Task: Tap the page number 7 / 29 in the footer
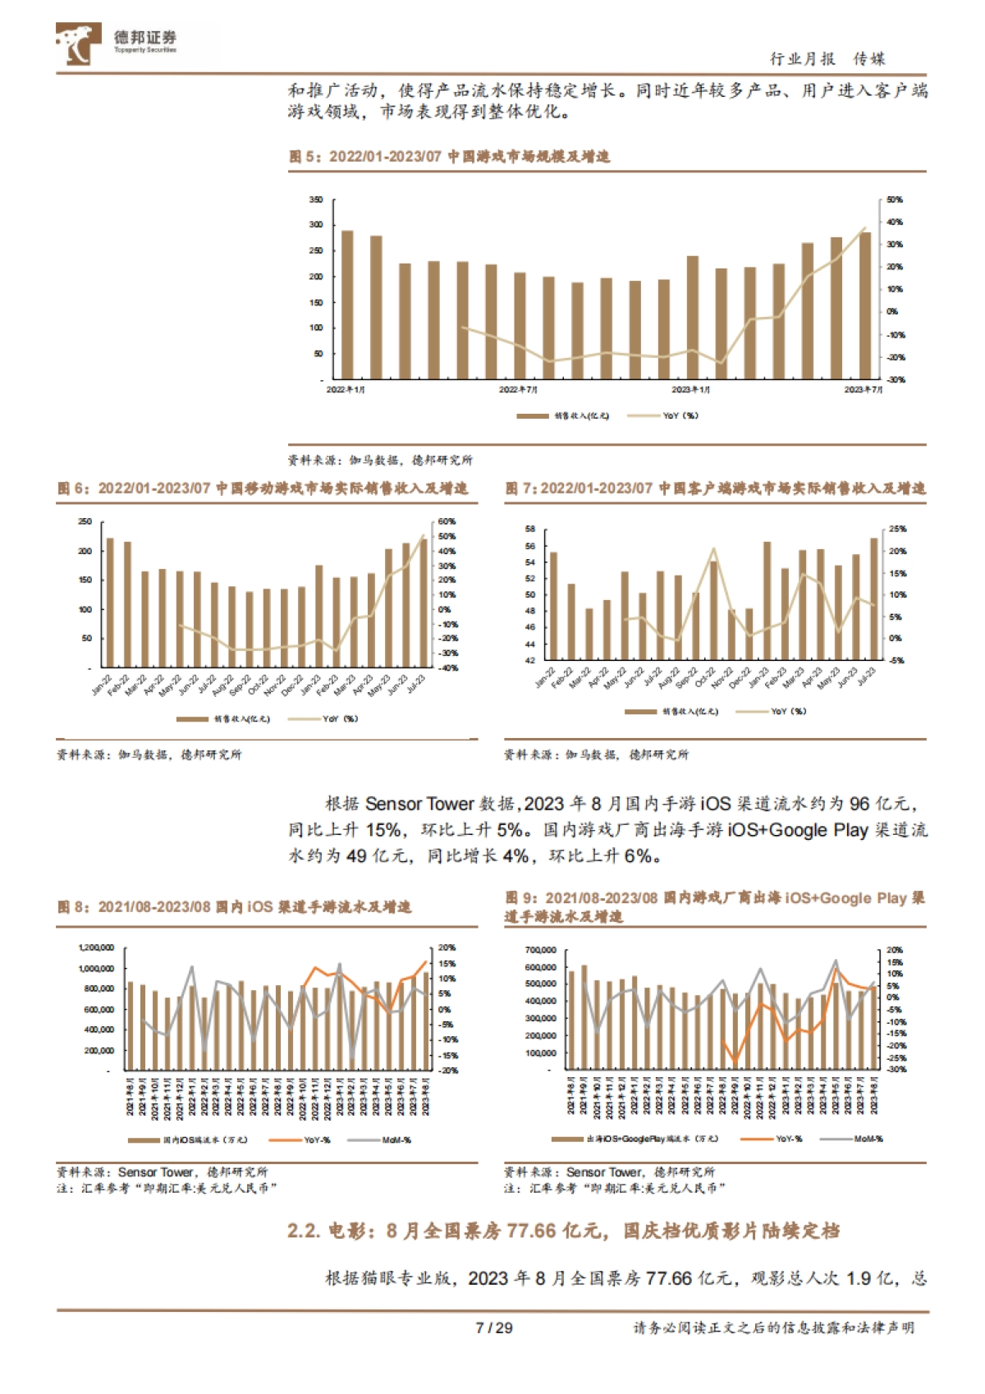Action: (493, 1328)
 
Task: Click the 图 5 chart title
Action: (449, 156)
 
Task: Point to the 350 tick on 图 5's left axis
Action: (316, 199)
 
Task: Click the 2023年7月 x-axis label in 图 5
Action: (864, 389)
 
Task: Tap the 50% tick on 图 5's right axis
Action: (895, 199)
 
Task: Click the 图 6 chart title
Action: (263, 488)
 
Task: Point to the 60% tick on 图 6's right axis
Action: (447, 521)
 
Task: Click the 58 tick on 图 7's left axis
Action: (529, 530)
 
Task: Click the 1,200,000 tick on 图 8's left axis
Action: (96, 947)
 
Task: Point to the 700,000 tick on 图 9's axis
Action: (541, 950)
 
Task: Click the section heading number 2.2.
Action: (304, 1231)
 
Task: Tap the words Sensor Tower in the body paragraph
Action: (419, 804)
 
